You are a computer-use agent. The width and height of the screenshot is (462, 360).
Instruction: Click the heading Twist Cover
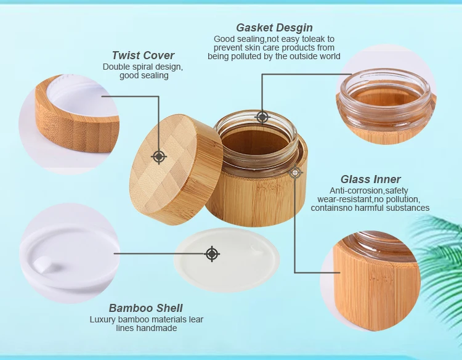coord(143,55)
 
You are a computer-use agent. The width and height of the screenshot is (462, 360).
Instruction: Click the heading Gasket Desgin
coord(274,28)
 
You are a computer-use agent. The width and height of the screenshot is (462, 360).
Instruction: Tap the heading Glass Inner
coord(370,179)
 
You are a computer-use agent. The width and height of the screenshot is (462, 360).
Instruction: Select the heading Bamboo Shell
coord(145,308)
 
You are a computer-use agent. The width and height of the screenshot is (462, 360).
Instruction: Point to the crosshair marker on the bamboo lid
coord(159,157)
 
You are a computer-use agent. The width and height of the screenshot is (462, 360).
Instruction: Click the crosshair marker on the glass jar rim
coord(262,117)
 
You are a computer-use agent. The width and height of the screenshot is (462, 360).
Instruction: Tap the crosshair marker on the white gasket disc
coord(212,253)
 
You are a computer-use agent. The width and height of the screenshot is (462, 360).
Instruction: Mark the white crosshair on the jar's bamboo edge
coord(295,173)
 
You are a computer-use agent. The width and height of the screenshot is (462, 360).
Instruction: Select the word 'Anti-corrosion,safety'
coord(368,190)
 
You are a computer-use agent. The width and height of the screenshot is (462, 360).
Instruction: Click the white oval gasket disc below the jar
coord(227,260)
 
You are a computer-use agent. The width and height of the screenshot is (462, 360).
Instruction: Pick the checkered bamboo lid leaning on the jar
coord(176,169)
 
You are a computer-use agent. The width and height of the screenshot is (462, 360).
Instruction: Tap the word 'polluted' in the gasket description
coord(246,56)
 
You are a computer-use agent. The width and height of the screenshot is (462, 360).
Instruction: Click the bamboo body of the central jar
coord(255,197)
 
